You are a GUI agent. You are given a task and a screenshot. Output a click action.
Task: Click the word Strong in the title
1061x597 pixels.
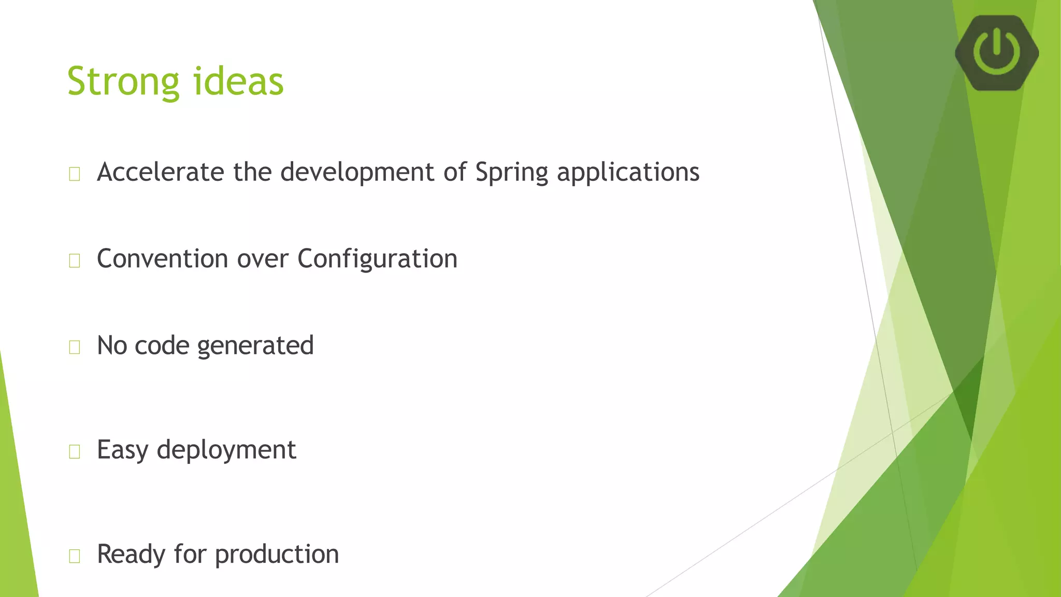[123, 82]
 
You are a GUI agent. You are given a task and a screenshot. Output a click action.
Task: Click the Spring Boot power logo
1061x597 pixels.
[996, 52]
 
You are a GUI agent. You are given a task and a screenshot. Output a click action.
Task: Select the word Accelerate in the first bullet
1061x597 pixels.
[161, 172]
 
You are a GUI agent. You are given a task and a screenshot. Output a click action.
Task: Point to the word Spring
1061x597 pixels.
[511, 173]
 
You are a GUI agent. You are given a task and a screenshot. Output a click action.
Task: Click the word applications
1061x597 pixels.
[628, 173]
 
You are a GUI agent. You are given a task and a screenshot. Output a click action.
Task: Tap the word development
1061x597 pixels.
[357, 173]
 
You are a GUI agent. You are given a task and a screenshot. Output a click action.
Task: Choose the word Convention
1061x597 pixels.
[163, 259]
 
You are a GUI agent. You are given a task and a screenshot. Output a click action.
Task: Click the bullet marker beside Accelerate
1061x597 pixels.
[75, 174]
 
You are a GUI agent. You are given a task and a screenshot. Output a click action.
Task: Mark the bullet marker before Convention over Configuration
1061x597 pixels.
[75, 261]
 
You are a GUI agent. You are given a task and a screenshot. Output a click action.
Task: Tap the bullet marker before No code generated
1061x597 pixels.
[75, 347]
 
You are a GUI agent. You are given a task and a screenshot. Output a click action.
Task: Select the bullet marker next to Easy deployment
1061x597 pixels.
[75, 452]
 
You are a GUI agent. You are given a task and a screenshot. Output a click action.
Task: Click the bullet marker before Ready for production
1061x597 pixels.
[75, 556]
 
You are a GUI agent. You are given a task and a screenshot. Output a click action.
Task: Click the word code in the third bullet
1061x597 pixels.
[162, 346]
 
